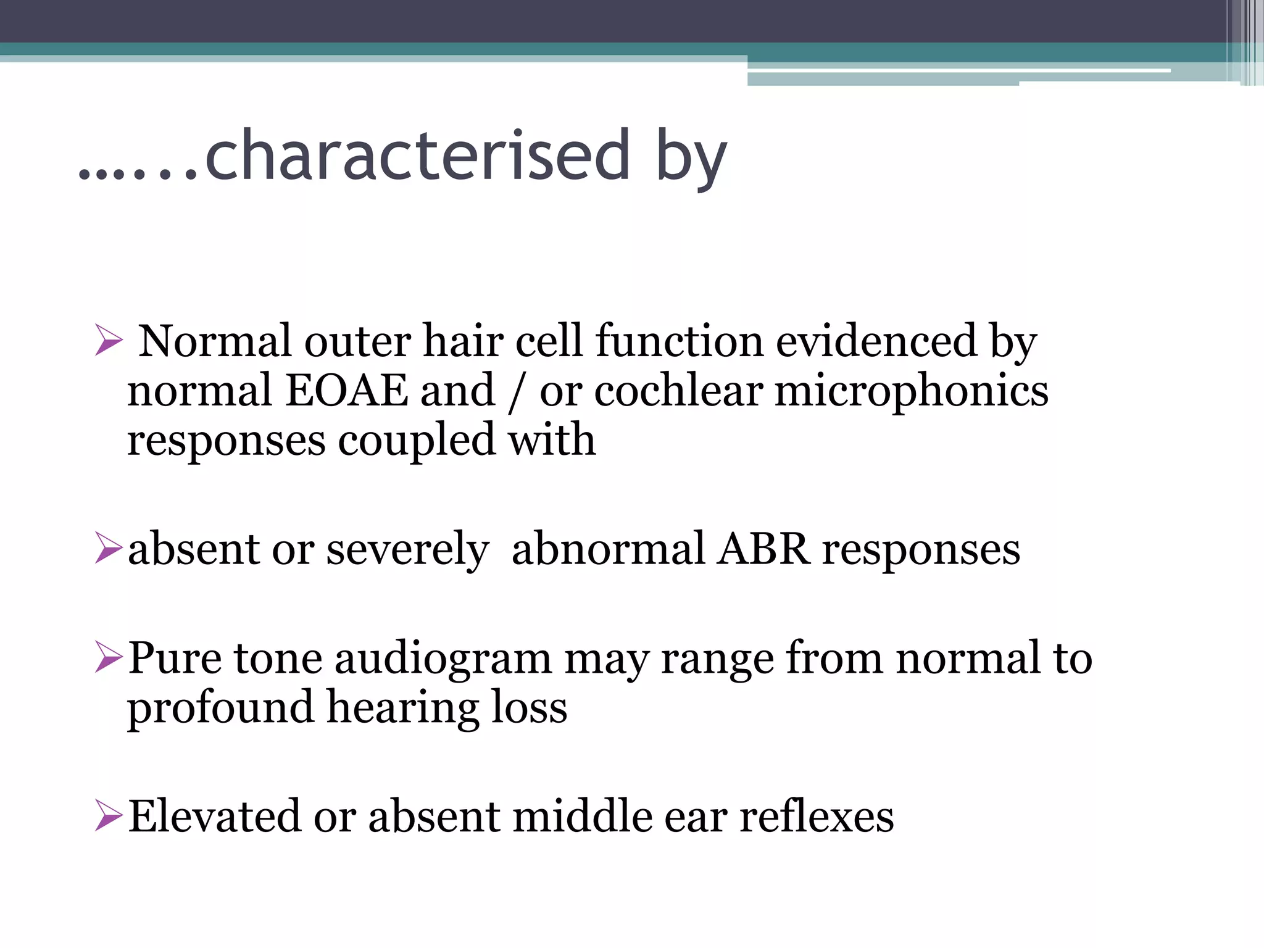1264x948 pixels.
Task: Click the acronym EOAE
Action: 347,391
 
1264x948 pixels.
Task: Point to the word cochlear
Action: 678,391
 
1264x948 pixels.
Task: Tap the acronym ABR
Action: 762,549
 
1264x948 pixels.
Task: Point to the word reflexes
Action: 816,816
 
